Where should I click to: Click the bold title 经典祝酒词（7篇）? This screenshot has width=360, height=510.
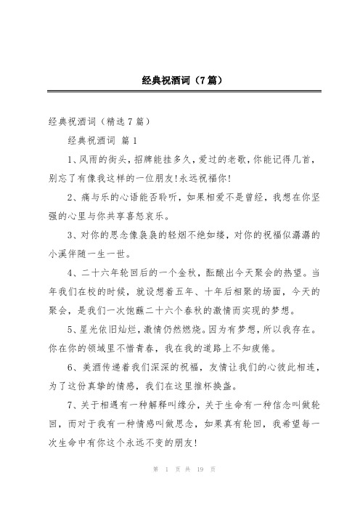[x=180, y=83]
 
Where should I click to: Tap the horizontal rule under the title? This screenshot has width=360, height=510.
[x=180, y=93]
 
